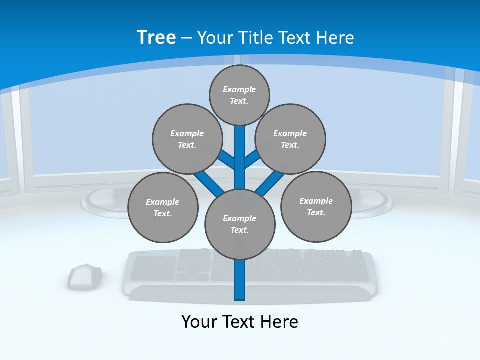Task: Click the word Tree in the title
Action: [x=156, y=37]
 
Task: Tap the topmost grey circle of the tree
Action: [x=239, y=95]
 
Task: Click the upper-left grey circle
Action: [x=187, y=139]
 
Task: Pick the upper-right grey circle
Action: [x=290, y=139]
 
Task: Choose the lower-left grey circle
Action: [x=163, y=207]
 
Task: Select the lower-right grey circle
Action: [x=316, y=206]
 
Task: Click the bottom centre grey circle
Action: [x=240, y=224]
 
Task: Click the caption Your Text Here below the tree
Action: [x=240, y=321]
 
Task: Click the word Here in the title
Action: [x=336, y=37]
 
